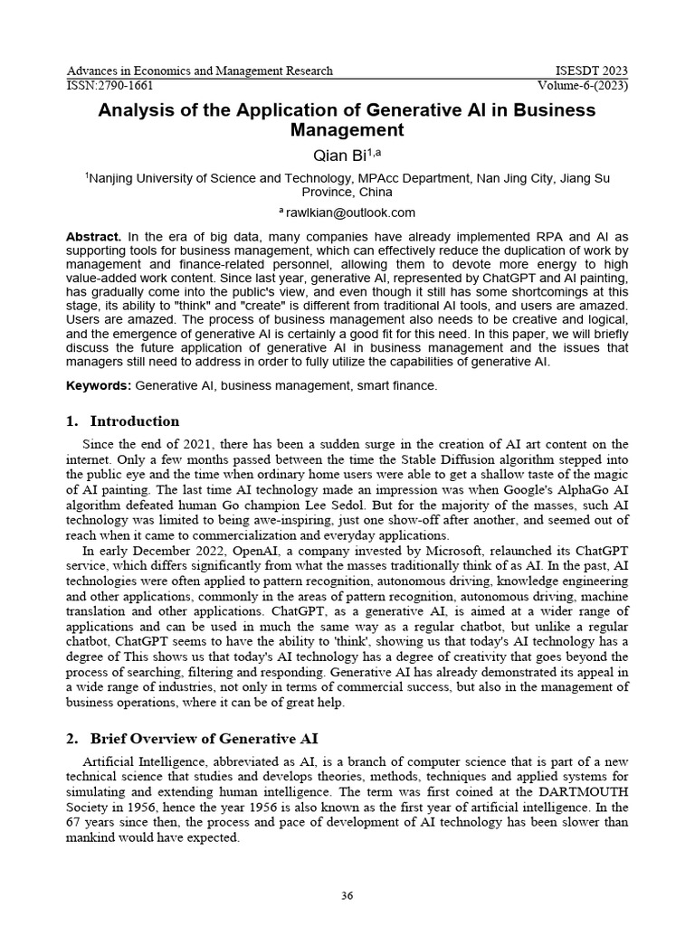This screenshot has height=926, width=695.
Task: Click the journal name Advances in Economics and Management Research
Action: pos(200,71)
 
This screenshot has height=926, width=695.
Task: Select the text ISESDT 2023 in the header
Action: pos(590,71)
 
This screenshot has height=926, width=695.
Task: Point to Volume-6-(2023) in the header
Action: pos(583,86)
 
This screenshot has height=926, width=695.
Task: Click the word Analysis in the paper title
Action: pos(136,110)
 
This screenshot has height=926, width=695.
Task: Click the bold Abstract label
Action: pos(93,237)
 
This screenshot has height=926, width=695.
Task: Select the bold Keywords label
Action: pos(99,386)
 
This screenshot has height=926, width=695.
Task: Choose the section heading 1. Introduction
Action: pos(123,421)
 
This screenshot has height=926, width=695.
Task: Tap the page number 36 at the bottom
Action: pos(347,896)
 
